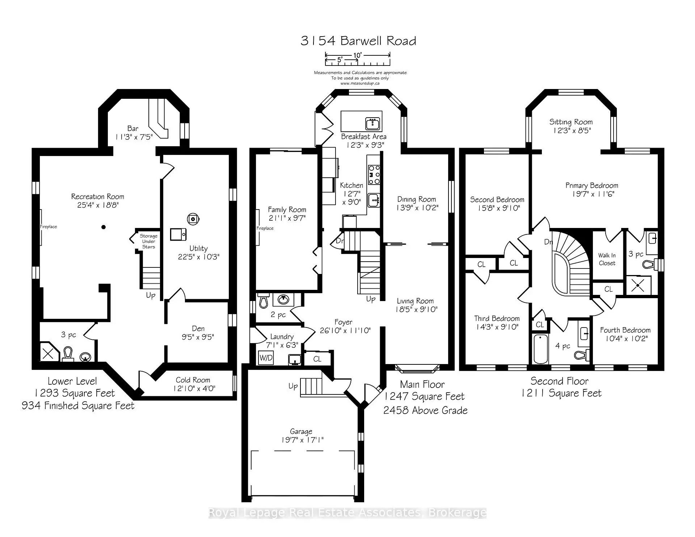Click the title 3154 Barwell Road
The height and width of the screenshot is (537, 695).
358,41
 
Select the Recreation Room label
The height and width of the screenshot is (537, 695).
97,196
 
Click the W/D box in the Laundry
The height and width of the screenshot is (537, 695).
266,358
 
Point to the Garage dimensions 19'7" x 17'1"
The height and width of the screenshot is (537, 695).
302,440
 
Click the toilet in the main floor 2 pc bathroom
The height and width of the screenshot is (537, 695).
264,301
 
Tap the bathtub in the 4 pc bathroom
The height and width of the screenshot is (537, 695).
541,349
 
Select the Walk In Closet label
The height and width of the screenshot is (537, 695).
607,259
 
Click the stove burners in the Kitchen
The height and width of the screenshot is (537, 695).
374,175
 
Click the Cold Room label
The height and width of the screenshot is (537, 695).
193,380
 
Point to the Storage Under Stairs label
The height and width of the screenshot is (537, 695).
148,241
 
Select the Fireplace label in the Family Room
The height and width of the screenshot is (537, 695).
265,228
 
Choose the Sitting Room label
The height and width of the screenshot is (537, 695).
571,122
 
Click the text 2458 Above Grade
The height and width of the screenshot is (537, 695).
425,410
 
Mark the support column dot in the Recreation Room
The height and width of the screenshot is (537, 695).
104,227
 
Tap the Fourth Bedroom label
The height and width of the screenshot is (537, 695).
625,330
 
